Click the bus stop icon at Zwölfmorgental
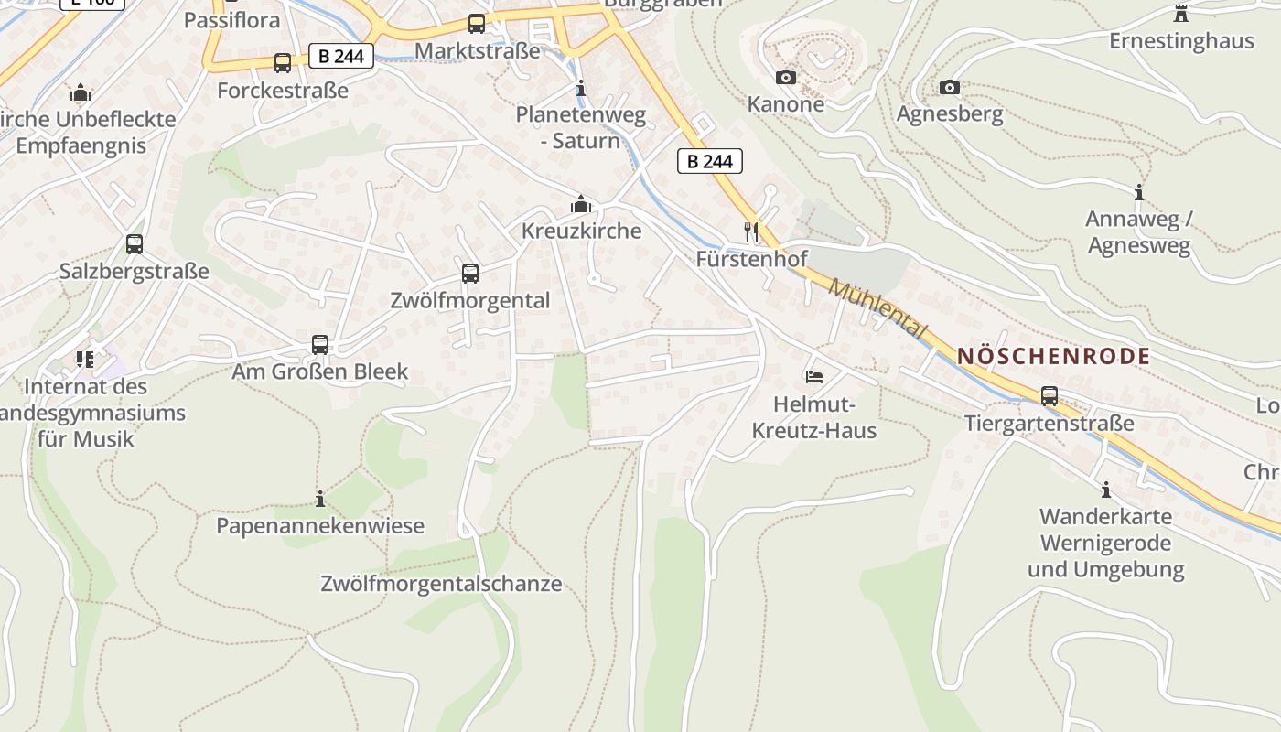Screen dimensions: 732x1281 pos(470,273)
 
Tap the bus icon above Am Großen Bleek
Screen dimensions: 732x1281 pos(319,344)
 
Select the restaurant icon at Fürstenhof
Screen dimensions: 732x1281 pos(751,231)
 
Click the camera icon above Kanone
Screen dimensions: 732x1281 pos(786,77)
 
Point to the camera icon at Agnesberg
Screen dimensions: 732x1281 pos(950,87)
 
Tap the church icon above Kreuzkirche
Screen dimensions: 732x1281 pos(580,204)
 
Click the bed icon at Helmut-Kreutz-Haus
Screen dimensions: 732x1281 pos(813,376)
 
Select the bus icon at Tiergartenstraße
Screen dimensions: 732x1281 pos(1049,396)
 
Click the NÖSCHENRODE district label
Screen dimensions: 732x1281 pos(1053,357)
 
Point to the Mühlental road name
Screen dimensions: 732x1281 pos(877,309)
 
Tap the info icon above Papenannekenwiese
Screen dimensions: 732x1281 pos(320,499)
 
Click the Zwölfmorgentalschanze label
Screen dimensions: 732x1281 pos(441,584)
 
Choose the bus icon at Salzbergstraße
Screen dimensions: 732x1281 pos(135,244)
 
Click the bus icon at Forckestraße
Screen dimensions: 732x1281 pos(283,63)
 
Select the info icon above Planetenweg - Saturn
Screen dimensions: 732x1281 pos(580,89)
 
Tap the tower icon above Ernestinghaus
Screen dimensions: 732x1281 pos(1180,14)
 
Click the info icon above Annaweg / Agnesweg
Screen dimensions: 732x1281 pos(1139,192)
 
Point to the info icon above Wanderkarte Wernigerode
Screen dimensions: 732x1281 pos(1105,490)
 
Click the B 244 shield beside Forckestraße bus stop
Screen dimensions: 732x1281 pos(341,57)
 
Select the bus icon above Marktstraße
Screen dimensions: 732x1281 pos(477,24)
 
